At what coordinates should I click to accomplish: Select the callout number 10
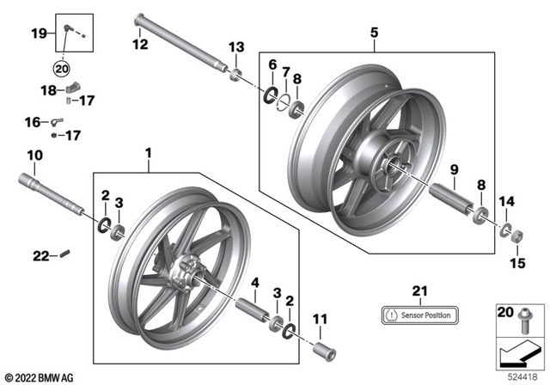point(34,156)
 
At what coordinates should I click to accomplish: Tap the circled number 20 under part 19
point(61,69)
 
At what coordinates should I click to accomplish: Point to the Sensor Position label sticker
point(419,315)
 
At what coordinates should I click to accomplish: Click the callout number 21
point(419,290)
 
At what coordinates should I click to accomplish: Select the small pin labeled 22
point(65,253)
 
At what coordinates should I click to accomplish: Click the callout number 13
point(235,46)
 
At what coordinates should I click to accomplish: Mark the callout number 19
point(39,33)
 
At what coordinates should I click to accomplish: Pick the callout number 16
point(32,123)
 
